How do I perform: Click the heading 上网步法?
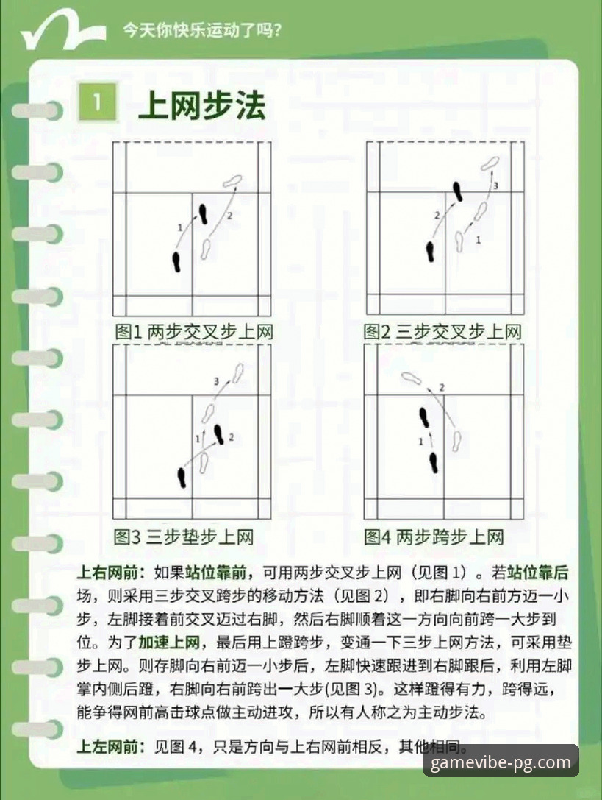click(x=201, y=106)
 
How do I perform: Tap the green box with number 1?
click(x=96, y=102)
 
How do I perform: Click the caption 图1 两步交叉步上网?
click(x=193, y=332)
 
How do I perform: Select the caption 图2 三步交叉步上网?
click(x=442, y=332)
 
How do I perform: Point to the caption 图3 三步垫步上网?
click(x=184, y=537)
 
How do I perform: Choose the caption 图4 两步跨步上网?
click(x=434, y=537)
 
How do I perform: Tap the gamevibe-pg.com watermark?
click(x=501, y=762)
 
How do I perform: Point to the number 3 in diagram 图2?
click(x=495, y=185)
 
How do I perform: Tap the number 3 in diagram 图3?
click(x=216, y=381)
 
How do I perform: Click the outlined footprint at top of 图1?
click(x=233, y=180)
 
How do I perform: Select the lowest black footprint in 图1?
click(x=176, y=261)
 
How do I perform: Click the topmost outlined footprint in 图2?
click(x=490, y=163)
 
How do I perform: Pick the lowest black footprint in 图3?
click(x=182, y=478)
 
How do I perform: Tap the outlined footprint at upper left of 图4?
click(x=411, y=378)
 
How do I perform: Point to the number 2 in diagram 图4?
click(x=441, y=388)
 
